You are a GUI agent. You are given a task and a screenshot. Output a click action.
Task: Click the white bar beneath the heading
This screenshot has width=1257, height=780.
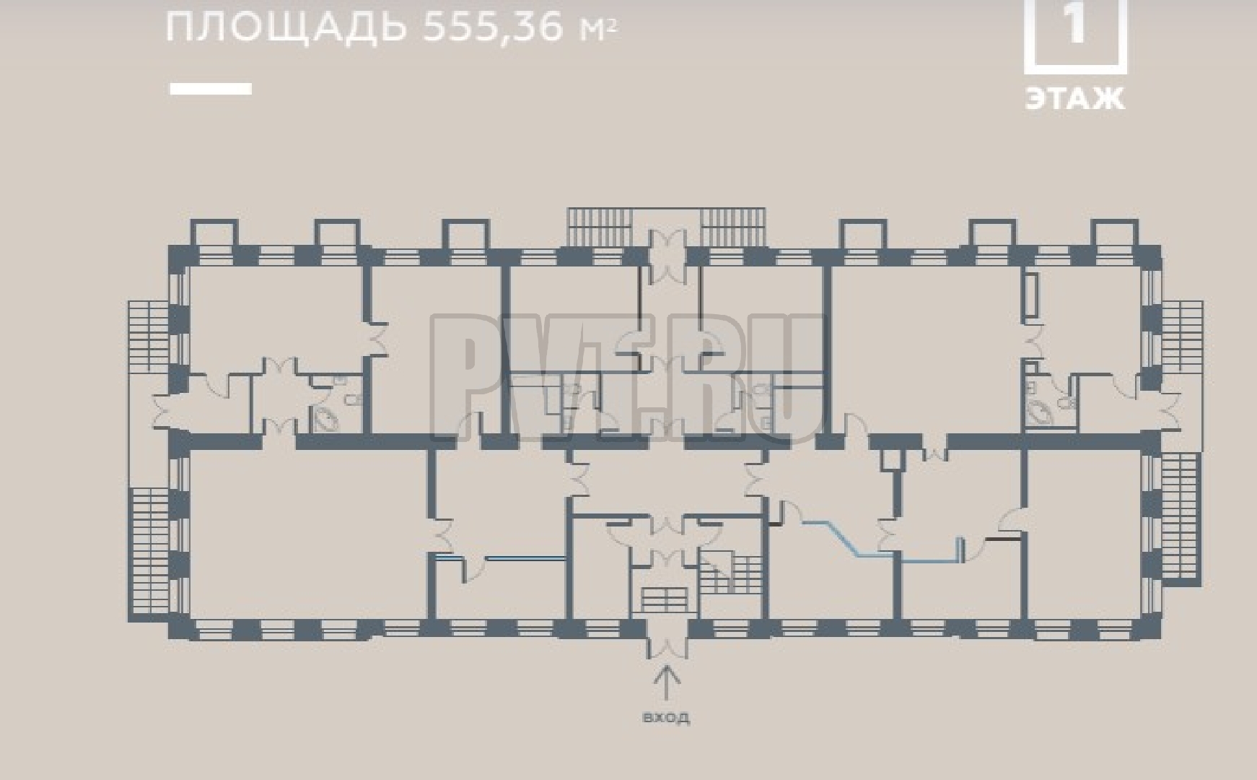[211, 89]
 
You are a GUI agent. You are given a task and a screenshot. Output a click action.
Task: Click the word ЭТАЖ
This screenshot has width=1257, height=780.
[1075, 99]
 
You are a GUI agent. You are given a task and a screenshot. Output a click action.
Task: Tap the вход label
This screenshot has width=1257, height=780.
[665, 717]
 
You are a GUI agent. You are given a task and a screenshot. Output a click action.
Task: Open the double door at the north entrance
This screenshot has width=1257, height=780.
[667, 256]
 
